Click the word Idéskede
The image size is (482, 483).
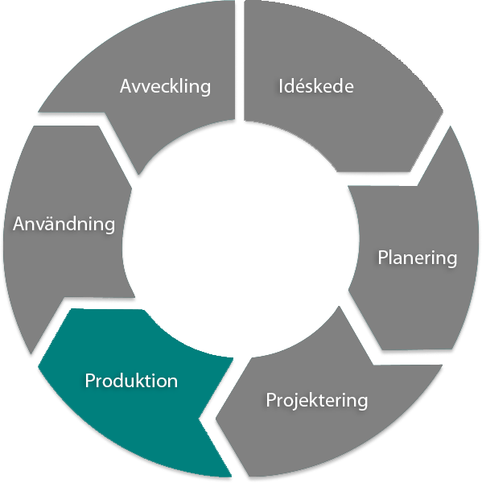coord(315,86)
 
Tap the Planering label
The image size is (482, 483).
coord(417,258)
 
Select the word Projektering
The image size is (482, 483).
coord(316,400)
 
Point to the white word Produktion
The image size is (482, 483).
coord(131,381)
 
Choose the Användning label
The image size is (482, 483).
coord(64,224)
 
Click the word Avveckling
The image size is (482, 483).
coord(165,86)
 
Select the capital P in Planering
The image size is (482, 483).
coord(383,258)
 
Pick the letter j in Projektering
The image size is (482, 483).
coord(295,402)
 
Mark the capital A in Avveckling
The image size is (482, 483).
coord(126,86)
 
